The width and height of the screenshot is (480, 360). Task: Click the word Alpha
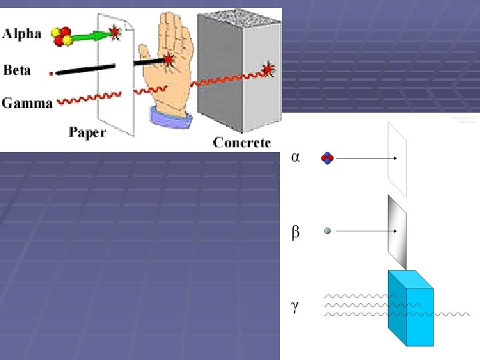pos(22,34)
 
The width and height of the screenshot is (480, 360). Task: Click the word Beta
pos(17,69)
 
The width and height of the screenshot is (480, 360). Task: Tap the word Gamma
pos(27,103)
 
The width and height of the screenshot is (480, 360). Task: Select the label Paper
pos(87,133)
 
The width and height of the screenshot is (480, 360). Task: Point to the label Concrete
pos(242,142)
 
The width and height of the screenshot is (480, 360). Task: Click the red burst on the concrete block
pos(268,69)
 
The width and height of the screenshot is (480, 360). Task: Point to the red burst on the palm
pos(169,59)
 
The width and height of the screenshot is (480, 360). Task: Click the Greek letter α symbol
pos(295,158)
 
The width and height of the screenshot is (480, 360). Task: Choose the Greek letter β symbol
pos(295,233)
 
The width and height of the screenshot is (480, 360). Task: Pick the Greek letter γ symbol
pos(295,306)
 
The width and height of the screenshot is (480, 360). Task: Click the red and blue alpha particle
pos(327,158)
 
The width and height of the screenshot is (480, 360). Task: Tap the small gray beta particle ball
pos(327,231)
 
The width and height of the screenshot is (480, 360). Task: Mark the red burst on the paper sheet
pos(115,31)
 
